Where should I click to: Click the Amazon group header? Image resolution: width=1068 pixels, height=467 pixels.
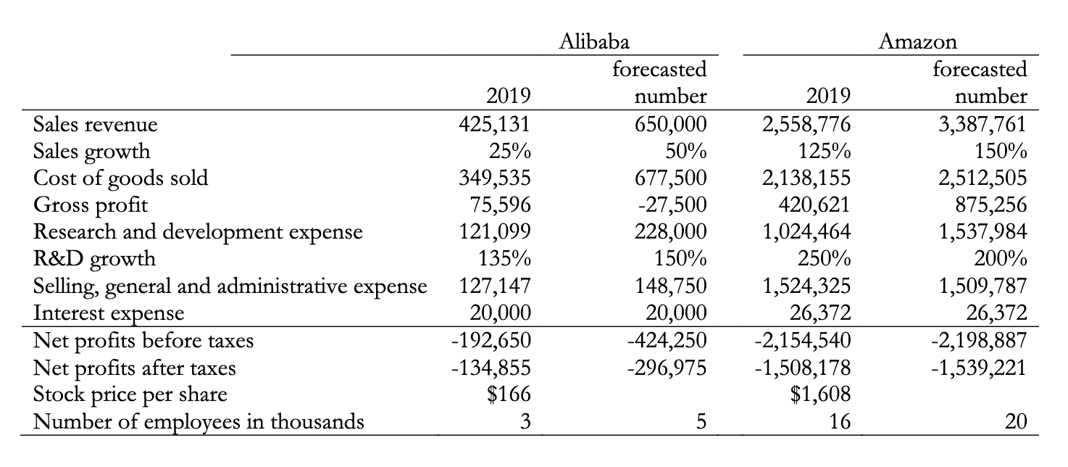coord(917,41)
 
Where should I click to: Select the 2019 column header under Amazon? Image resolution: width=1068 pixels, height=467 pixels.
coord(828,96)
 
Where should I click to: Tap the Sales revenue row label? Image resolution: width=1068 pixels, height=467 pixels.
coord(95,124)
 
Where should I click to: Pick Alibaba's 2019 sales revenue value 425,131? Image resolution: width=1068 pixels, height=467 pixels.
coord(496,124)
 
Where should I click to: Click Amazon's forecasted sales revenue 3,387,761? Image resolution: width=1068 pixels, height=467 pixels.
coord(983,124)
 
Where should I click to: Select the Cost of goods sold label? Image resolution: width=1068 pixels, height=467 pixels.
coord(120,178)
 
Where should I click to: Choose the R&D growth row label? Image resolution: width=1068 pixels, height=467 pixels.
coord(94,259)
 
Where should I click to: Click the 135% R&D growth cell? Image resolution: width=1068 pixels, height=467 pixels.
coord(506,259)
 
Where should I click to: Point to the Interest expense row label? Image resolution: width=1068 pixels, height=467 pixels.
coord(109,313)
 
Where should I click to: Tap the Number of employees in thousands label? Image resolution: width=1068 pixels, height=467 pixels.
coord(199,421)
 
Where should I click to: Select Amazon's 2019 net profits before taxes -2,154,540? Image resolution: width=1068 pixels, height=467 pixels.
coord(803,341)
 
